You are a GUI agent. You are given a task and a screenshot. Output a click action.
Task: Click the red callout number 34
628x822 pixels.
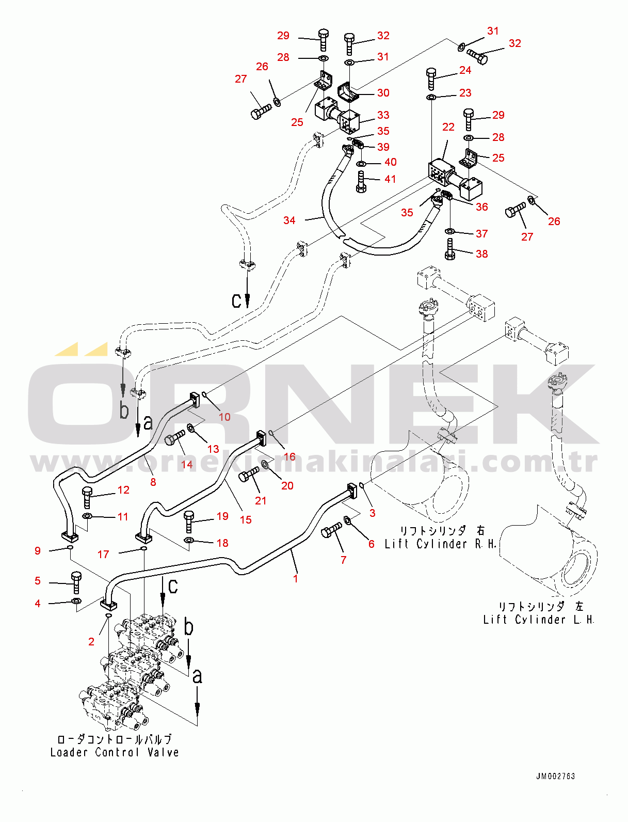(289, 220)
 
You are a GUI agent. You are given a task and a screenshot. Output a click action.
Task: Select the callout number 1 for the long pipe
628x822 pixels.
(295, 578)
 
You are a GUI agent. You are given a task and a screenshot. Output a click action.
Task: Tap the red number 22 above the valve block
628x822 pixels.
(448, 127)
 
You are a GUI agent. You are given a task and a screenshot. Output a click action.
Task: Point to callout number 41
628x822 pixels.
(390, 179)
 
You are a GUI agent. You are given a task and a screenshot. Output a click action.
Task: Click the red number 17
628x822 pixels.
(103, 554)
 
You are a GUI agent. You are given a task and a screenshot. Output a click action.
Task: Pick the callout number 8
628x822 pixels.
(153, 482)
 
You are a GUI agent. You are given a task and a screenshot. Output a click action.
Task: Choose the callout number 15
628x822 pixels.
(246, 519)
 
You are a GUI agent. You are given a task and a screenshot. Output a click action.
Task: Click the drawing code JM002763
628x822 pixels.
(555, 776)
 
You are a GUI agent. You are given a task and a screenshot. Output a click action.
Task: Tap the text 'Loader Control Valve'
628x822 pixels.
(115, 752)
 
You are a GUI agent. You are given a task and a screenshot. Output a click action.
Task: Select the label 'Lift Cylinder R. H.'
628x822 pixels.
(440, 544)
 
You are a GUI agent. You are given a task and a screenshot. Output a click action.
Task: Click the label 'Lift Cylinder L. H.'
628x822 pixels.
(538, 619)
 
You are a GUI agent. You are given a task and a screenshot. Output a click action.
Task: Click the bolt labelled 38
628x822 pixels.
(449, 249)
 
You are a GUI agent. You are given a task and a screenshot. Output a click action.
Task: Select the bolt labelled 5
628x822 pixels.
(76, 582)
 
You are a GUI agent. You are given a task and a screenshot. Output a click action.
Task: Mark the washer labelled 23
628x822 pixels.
(431, 97)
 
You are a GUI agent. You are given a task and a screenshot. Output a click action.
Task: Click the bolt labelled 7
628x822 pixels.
(331, 530)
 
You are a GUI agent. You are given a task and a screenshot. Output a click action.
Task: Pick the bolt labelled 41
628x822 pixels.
(361, 181)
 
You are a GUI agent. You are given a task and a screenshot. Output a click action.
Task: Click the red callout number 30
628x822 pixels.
(383, 93)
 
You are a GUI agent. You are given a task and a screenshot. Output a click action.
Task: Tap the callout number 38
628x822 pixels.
(481, 254)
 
